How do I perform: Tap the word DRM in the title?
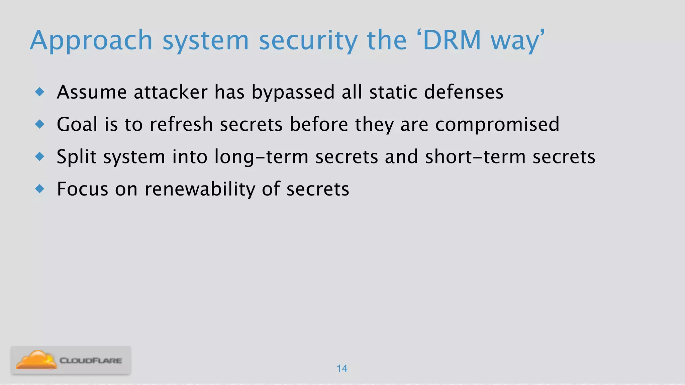pyautogui.click(x=452, y=40)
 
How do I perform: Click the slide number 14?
pyautogui.click(x=342, y=369)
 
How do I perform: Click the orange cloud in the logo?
pyautogui.click(x=36, y=360)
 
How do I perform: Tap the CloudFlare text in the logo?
pyautogui.click(x=91, y=361)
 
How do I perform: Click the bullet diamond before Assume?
pyautogui.click(x=40, y=92)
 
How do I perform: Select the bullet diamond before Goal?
pyautogui.click(x=40, y=124)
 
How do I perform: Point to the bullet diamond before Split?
pyautogui.click(x=40, y=156)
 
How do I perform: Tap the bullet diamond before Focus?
pyautogui.click(x=40, y=189)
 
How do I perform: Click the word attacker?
pyautogui.click(x=171, y=92)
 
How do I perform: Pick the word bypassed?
pyautogui.click(x=293, y=93)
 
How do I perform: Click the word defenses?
pyautogui.click(x=464, y=92)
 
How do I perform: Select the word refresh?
pyautogui.click(x=181, y=124)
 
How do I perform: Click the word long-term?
pyautogui.click(x=261, y=157)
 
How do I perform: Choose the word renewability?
pyautogui.click(x=200, y=189)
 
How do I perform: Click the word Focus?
pyautogui.click(x=83, y=189)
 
